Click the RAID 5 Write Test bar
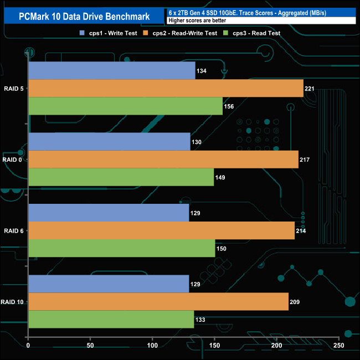pos(111,70)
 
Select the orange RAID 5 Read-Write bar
pos(166,88)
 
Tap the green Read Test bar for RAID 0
pos(121,177)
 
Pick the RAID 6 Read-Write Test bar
pos(161,230)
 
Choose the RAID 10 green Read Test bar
pos(111,320)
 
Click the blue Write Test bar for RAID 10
pos(109,284)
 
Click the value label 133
pos(202,320)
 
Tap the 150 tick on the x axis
pos(215,346)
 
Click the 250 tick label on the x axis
pos(339,346)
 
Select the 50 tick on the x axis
pos(90,346)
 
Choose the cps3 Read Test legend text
pos(258,33)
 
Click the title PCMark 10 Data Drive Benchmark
pos(84,15)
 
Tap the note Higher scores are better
pos(197,20)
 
